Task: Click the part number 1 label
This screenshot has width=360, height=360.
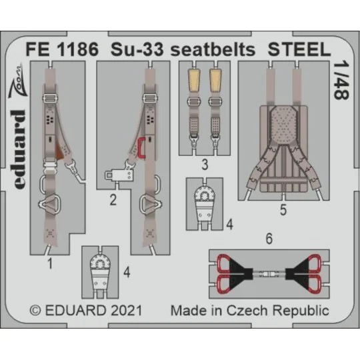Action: [50, 263]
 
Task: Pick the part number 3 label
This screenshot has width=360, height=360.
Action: [205, 161]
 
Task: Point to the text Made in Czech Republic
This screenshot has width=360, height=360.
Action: [249, 311]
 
